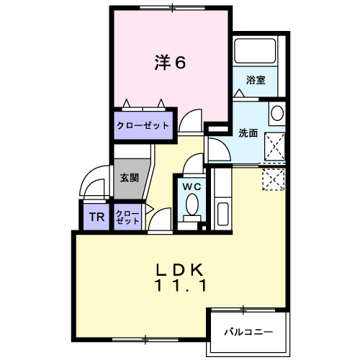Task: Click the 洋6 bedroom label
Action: coord(170,63)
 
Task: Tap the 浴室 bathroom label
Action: coord(256,81)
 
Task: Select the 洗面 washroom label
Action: coord(248,132)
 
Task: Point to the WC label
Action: coord(192,186)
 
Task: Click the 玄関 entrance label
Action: coord(130,177)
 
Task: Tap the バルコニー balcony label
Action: coord(247,333)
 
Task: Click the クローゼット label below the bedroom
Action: coord(143,125)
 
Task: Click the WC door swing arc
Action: coord(193,165)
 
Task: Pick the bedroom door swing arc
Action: coord(190,121)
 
